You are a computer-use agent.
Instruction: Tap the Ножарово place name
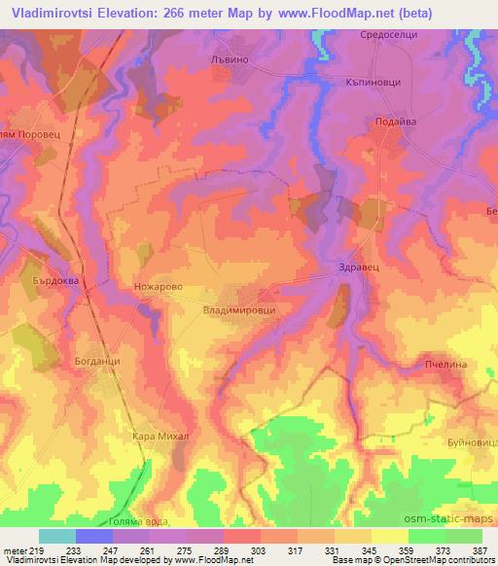click(157, 288)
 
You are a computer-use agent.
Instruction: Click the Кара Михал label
click(160, 437)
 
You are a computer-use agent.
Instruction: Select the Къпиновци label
click(373, 84)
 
